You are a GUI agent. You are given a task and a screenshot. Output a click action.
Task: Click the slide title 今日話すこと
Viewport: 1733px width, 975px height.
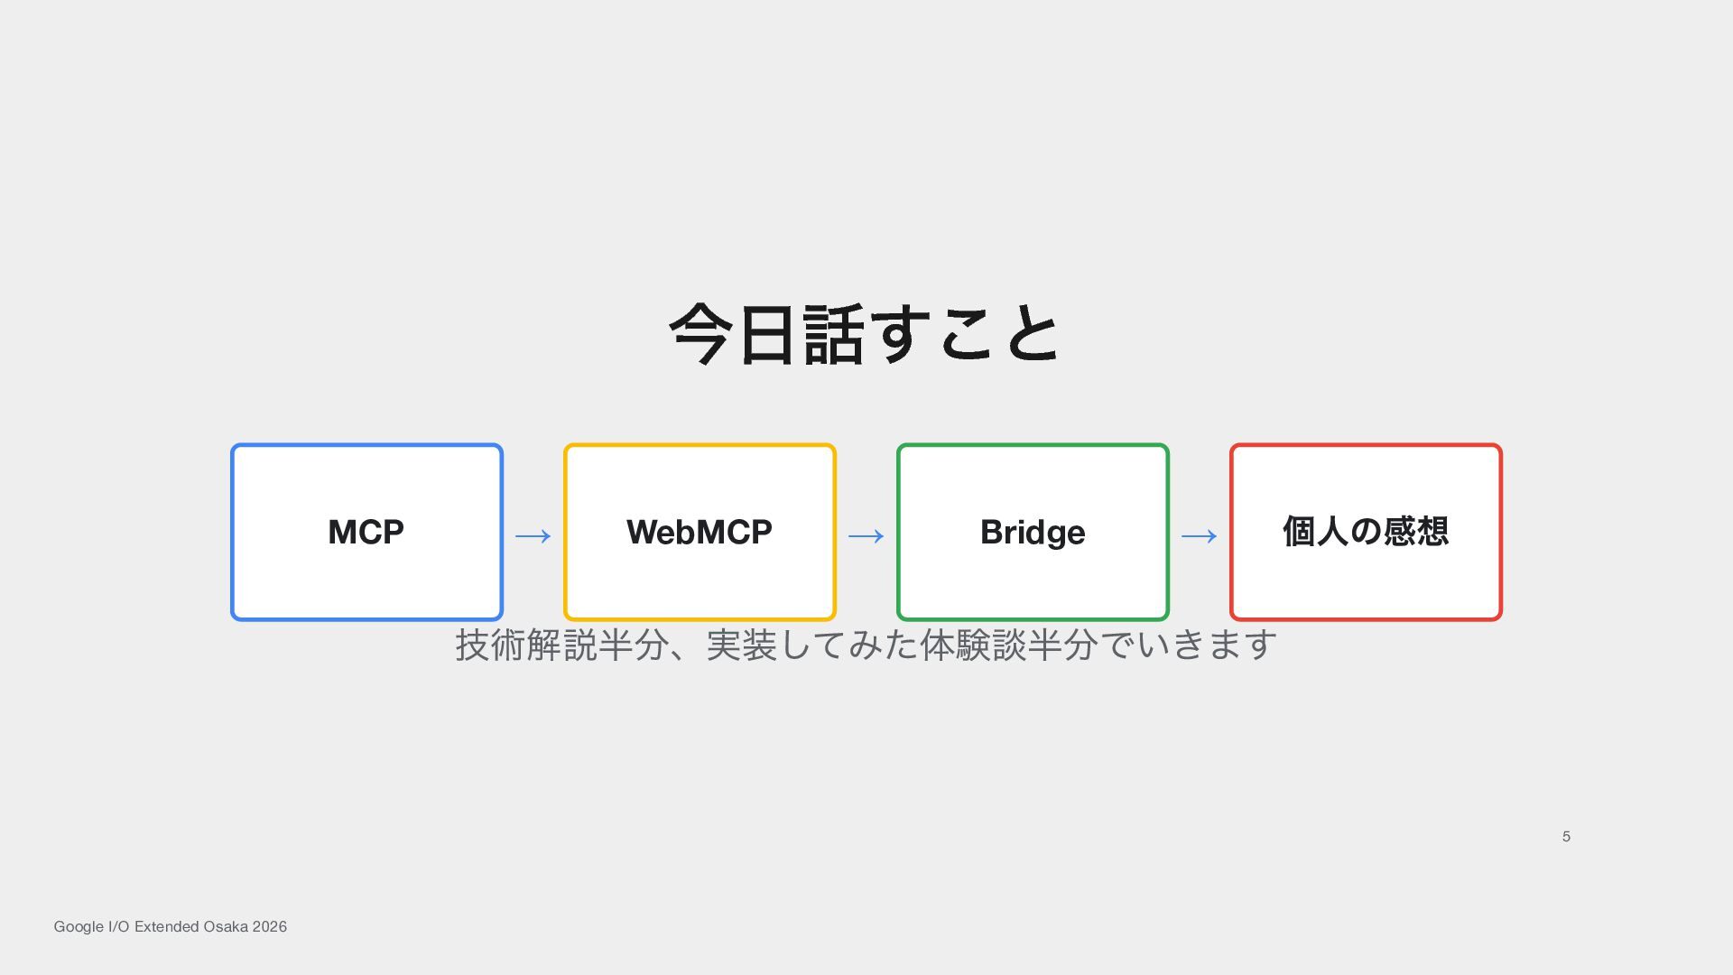(x=865, y=334)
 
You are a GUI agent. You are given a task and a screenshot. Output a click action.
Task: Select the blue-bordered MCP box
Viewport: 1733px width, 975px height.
(x=366, y=532)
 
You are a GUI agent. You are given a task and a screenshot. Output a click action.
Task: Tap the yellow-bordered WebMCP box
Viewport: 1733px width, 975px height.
(x=700, y=532)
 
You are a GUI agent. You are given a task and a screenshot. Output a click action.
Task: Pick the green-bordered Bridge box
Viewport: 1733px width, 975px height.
(x=1033, y=532)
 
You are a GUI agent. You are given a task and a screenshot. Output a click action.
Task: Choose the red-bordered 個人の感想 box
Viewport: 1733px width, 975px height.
(x=1366, y=532)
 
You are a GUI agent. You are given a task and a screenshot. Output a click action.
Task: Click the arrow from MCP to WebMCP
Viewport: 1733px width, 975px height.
(x=533, y=536)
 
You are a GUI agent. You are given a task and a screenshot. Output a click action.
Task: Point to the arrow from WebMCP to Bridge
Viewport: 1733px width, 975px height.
(x=866, y=536)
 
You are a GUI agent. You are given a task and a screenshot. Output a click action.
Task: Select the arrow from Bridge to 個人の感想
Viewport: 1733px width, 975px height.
(x=1200, y=536)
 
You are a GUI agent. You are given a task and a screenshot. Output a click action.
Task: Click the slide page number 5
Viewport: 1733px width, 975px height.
(x=1566, y=837)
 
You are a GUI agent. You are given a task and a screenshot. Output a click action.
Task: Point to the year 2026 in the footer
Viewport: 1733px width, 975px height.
(x=270, y=926)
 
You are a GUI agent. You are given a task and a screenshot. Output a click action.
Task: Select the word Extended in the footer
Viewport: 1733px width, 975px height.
(x=166, y=926)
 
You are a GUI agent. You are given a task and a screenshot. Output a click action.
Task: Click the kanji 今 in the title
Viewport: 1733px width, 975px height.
(x=700, y=334)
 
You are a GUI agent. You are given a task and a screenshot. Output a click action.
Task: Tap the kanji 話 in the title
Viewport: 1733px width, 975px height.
(x=833, y=334)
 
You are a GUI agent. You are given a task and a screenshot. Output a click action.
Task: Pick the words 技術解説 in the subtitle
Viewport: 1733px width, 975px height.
(x=526, y=645)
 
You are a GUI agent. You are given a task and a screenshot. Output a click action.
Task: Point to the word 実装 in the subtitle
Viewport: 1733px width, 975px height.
(x=742, y=645)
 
